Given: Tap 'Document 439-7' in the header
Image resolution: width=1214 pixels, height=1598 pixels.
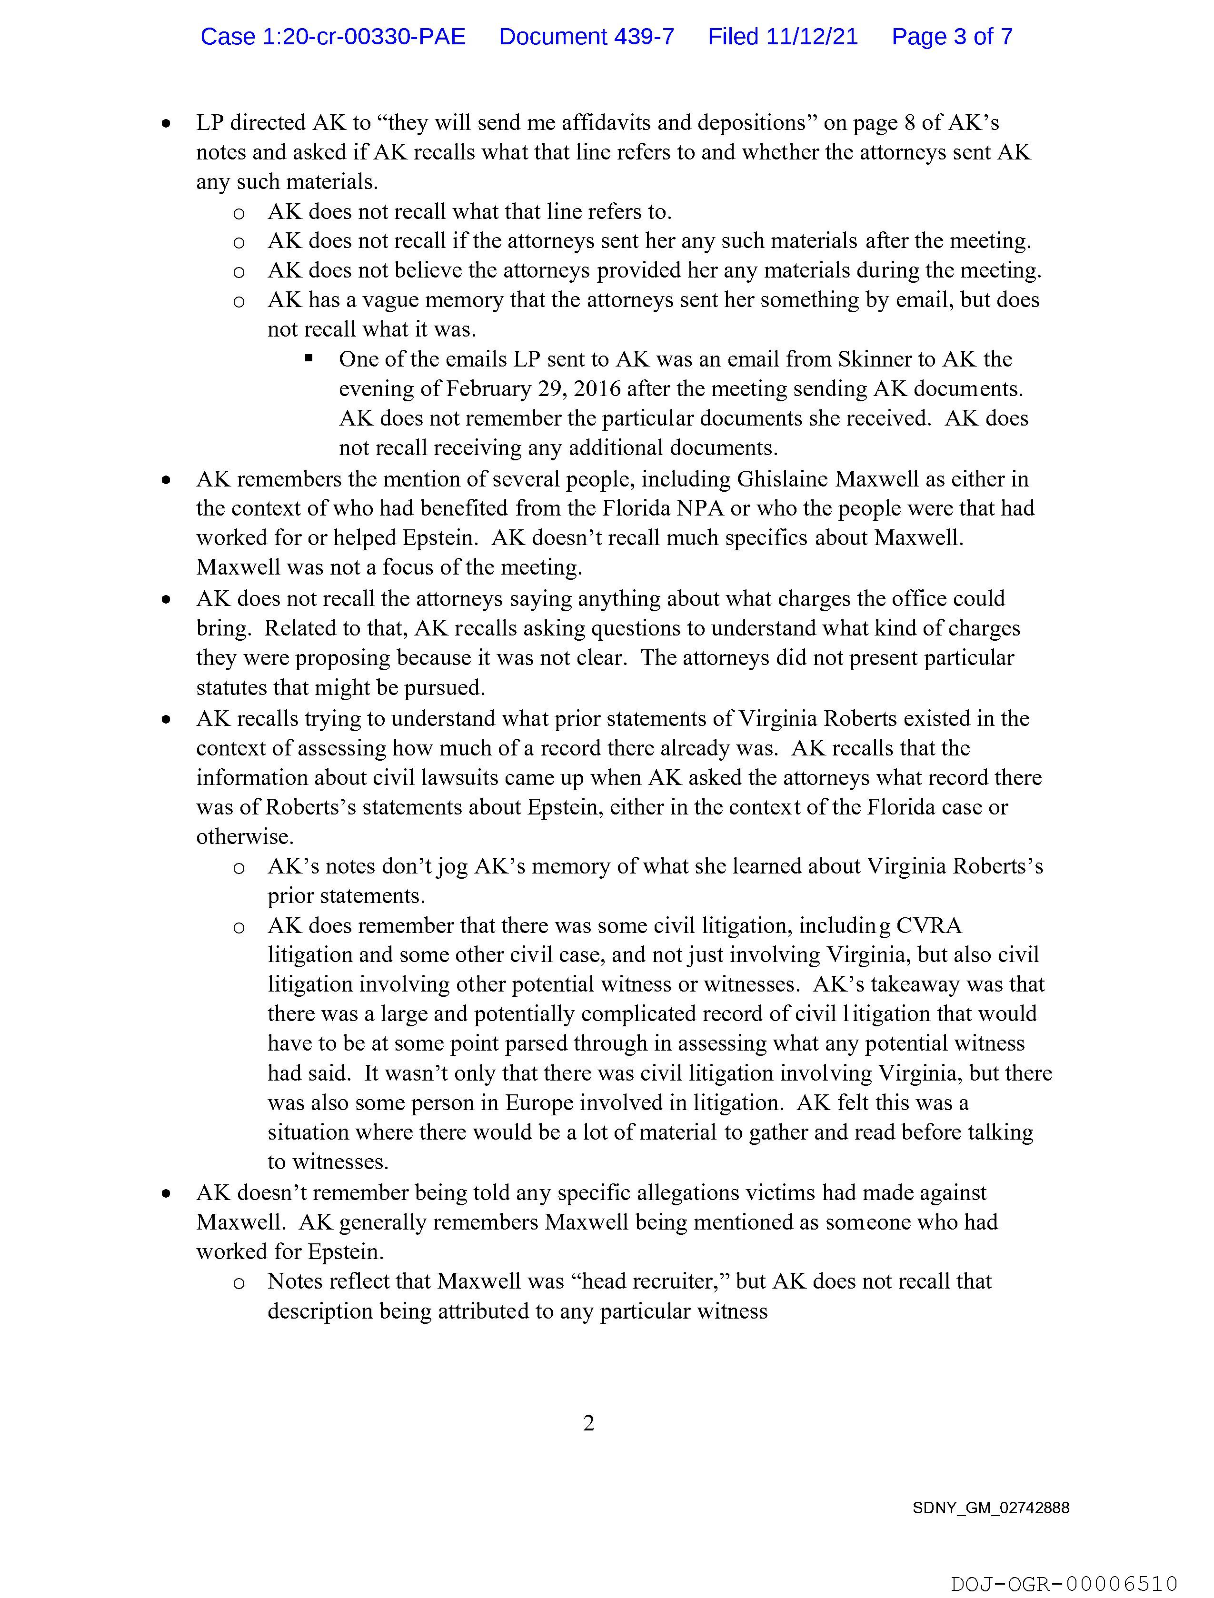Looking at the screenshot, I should coord(586,37).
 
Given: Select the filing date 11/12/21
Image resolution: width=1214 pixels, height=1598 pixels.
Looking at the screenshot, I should coord(812,37).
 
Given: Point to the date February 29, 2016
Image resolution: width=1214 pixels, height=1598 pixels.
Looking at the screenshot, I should coord(533,388).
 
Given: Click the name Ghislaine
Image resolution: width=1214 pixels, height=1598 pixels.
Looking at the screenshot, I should coord(783,479).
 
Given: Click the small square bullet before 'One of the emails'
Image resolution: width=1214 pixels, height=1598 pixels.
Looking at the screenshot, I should coord(308,357).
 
